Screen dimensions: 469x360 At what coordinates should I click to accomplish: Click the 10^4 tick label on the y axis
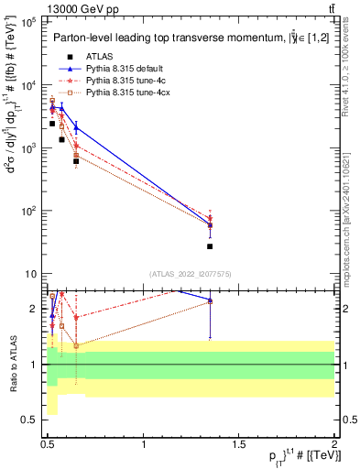[29, 85]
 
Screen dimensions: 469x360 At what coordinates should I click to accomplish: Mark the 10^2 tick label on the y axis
[29, 212]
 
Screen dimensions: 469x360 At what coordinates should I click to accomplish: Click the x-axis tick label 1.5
[238, 445]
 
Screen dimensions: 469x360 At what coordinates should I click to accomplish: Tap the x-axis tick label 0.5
[48, 445]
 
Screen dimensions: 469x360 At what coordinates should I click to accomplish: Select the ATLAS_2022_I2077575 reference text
[191, 273]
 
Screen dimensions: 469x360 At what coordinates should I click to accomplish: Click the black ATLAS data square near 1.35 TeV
[210, 246]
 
